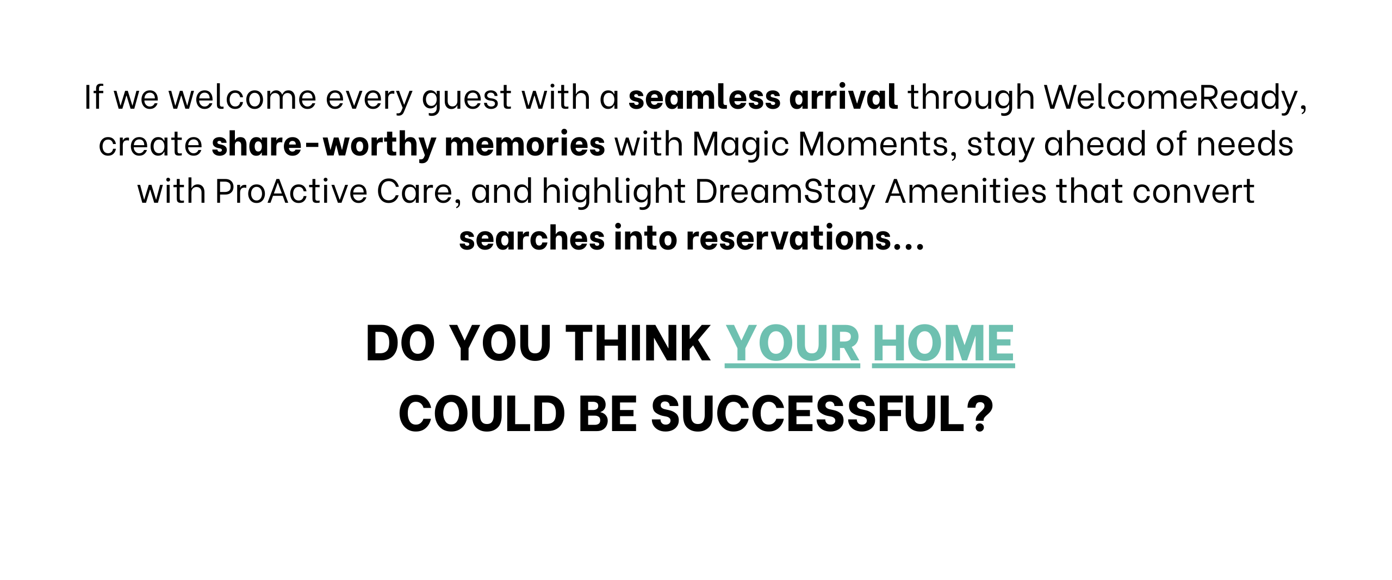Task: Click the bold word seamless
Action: pos(704,97)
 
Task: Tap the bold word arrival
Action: pos(843,97)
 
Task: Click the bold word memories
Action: pos(525,144)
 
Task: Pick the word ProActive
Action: pos(291,192)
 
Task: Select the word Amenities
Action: pos(966,192)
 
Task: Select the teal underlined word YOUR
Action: pos(792,344)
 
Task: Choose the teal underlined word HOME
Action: pos(943,344)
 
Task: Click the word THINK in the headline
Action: pos(638,343)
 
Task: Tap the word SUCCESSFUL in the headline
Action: pos(808,414)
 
